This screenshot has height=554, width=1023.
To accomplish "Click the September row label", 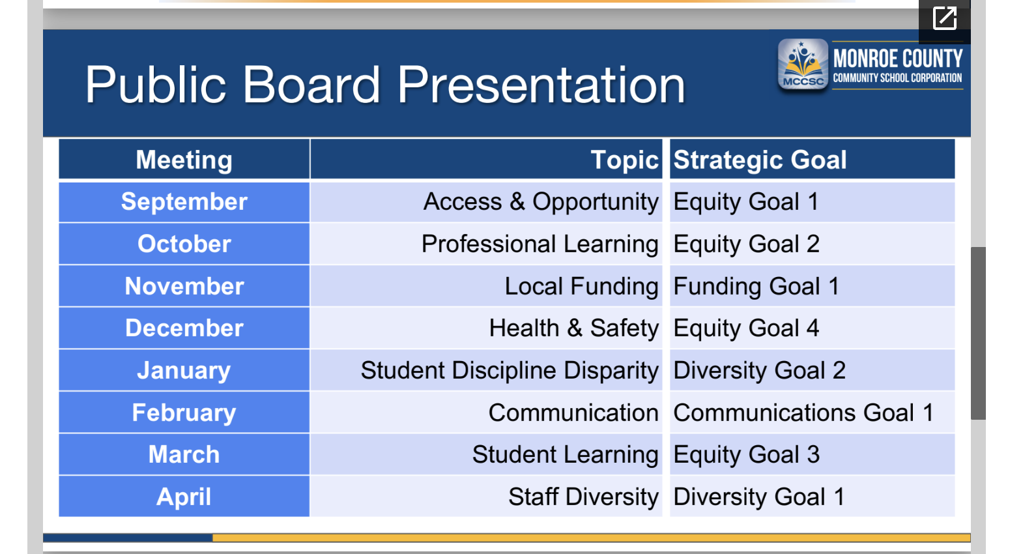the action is tap(184, 201).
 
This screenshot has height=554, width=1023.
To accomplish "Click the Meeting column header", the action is tap(184, 160).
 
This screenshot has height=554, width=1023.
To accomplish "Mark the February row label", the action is tap(184, 413).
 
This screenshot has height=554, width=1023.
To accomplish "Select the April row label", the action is tap(184, 497).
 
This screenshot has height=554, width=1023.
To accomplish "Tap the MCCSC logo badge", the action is tap(803, 65).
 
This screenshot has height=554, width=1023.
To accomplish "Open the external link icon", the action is tap(944, 18).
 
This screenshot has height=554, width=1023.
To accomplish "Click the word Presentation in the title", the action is tap(541, 85).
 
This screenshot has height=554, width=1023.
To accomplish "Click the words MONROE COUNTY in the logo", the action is tap(898, 59).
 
